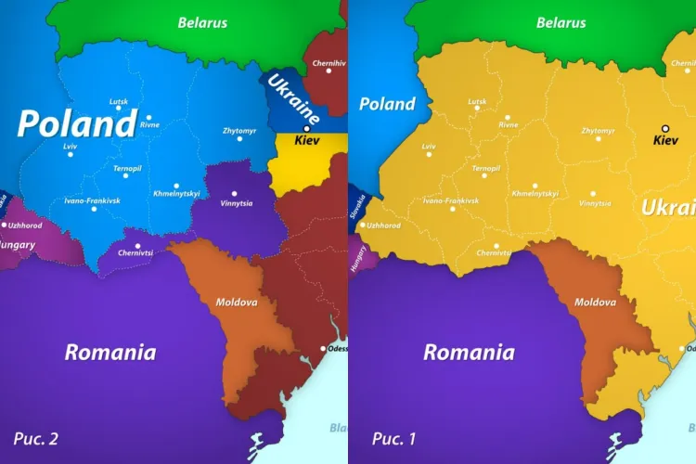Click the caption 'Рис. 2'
(x=35, y=438)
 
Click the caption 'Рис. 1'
(x=393, y=438)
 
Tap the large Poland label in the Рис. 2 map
(x=77, y=123)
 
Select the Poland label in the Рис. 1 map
(x=387, y=104)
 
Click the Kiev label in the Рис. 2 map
(x=306, y=142)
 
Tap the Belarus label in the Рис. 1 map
(x=561, y=22)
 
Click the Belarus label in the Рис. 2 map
(x=202, y=22)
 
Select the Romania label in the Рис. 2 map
(x=110, y=353)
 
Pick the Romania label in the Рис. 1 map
(x=469, y=353)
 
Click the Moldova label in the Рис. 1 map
(x=595, y=302)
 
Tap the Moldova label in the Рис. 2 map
(x=237, y=302)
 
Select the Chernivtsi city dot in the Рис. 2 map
(x=137, y=246)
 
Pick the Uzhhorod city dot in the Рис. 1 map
(x=363, y=225)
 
